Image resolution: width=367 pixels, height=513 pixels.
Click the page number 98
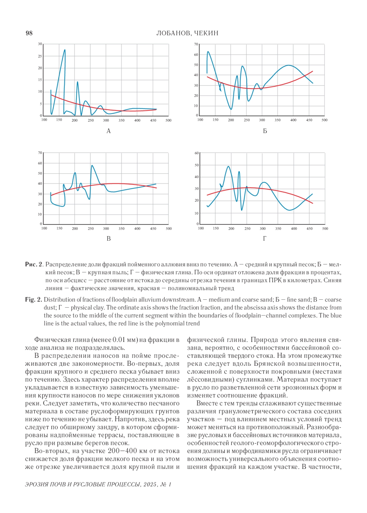coord(29,33)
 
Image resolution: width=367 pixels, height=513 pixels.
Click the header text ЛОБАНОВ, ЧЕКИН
coord(187,33)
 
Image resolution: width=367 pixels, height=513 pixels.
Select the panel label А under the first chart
coord(108,131)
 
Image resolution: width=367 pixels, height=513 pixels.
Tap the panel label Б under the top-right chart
coord(265,131)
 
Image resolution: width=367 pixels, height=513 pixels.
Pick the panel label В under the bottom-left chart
coord(108,238)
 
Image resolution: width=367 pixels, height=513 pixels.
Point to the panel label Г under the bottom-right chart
coord(265,238)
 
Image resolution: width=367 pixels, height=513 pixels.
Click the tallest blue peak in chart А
coord(65,50)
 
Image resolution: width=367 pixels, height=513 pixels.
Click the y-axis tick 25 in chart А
coord(40,56)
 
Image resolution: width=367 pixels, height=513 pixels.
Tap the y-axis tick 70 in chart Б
coord(196,44)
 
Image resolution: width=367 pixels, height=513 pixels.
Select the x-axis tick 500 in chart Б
coord(324,120)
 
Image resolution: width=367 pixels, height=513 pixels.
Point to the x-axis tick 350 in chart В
coord(121,228)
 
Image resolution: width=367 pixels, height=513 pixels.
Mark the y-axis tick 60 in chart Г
coord(196,153)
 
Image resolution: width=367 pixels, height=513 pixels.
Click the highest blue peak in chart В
coord(92,166)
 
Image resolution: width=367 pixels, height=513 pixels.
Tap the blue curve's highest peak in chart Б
coord(208,52)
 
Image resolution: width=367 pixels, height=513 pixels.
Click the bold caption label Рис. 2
coord(34,264)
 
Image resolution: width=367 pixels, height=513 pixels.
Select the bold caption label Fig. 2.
coord(33,300)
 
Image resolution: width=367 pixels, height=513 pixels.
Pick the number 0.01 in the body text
coord(119,340)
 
